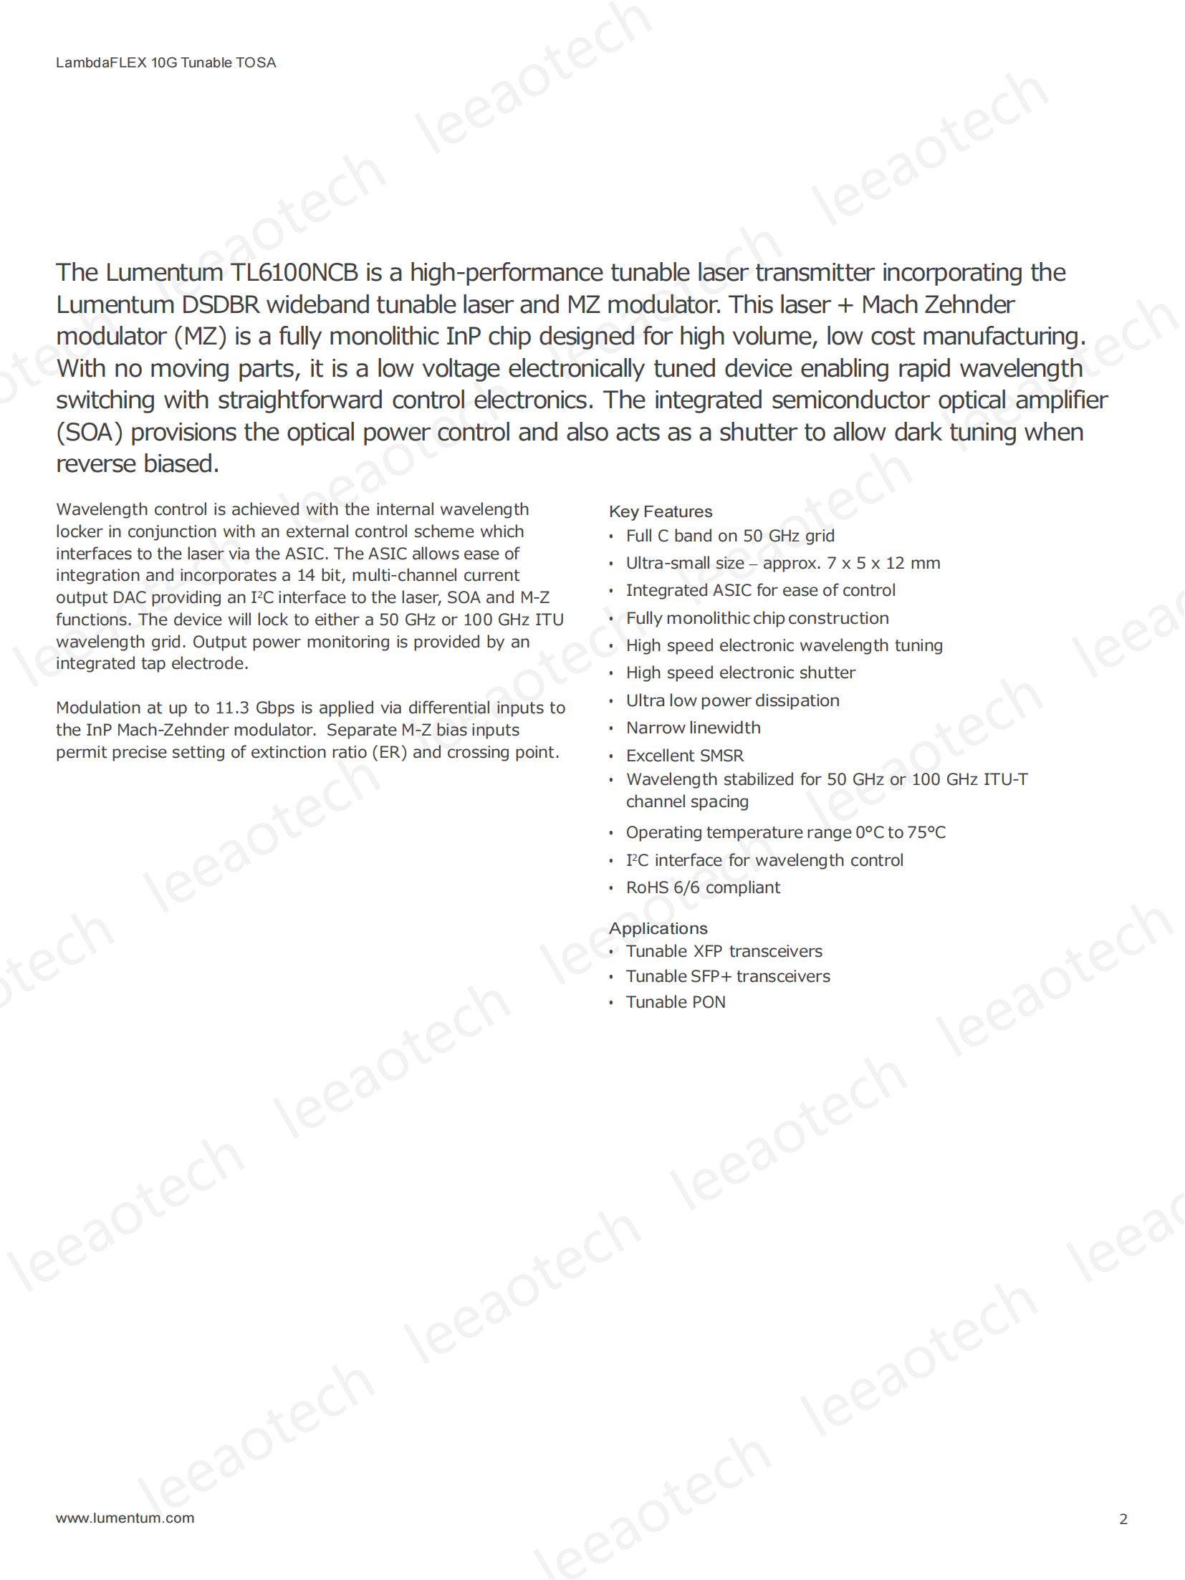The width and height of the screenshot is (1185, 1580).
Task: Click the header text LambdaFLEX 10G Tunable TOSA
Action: tap(165, 63)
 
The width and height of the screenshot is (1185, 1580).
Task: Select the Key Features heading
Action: tap(660, 511)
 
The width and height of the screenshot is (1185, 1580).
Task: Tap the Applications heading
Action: tap(658, 928)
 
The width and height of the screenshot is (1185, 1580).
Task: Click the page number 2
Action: tap(1123, 1518)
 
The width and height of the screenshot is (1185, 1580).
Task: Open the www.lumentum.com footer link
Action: tap(125, 1518)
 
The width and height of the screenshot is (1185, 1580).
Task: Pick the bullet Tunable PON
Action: tap(675, 1002)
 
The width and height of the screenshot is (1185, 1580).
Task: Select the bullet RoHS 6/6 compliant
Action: tap(703, 887)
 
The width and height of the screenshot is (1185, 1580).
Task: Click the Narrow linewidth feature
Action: tap(693, 728)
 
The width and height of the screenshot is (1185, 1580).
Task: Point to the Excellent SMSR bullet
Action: tap(684, 756)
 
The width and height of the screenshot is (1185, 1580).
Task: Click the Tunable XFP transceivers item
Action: tap(724, 951)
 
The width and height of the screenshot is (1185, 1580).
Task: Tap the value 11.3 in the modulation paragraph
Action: tap(232, 708)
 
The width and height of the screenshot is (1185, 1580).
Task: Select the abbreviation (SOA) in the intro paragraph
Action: tap(89, 433)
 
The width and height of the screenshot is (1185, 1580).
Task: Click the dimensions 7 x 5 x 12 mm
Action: tap(883, 563)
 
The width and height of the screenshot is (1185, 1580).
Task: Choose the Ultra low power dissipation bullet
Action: tap(732, 700)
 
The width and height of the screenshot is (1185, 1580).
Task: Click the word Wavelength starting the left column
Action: tap(102, 509)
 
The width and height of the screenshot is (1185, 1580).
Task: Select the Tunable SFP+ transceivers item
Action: tap(728, 976)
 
